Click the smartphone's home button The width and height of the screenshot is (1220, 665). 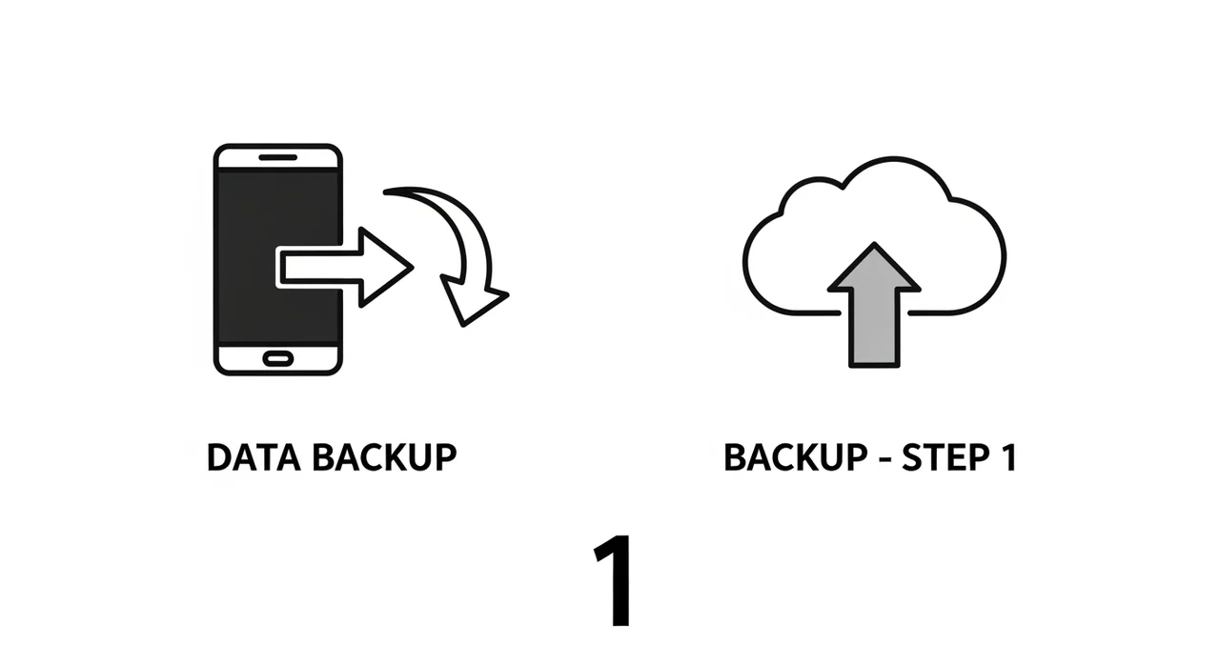277,357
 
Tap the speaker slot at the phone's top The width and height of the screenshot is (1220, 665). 277,157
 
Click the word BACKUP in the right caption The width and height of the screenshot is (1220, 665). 792,458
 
